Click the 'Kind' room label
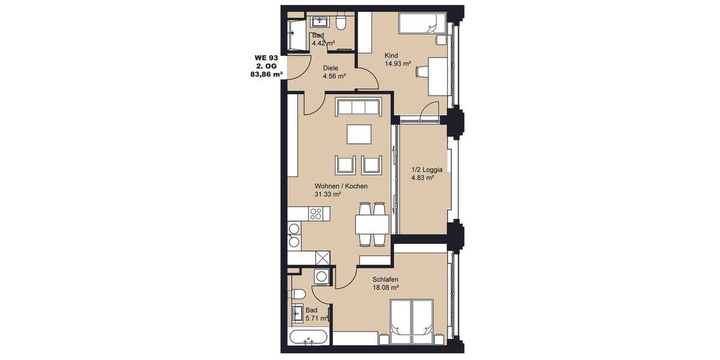[x=391, y=55]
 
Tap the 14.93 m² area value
[x=397, y=64]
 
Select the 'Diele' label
[x=331, y=68]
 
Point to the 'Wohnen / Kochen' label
[x=341, y=187]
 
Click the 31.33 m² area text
[x=328, y=195]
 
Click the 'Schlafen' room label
[x=385, y=280]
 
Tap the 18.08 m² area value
[x=386, y=288]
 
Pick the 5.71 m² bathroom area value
[x=317, y=319]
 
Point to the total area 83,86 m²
[x=266, y=75]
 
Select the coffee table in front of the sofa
[x=358, y=134]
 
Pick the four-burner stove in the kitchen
[x=317, y=213]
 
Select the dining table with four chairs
[x=372, y=224]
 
